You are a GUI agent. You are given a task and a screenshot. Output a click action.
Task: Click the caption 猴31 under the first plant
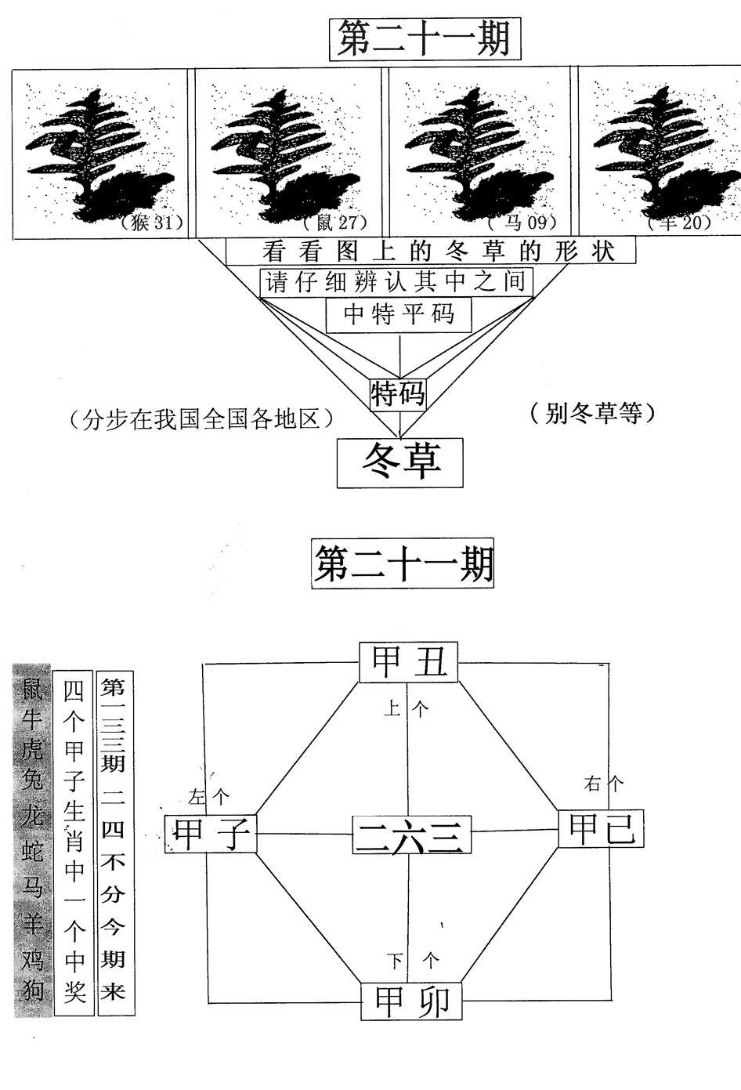coord(152,223)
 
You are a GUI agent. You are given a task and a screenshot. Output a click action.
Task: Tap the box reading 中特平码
coord(399,315)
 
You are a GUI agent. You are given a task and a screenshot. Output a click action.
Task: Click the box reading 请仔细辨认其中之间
coord(396,282)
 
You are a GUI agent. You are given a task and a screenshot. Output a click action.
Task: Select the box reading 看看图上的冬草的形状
coord(430,252)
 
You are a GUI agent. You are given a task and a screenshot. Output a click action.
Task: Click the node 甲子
coord(211,833)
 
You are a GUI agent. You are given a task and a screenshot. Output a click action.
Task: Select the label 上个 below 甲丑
coord(407,710)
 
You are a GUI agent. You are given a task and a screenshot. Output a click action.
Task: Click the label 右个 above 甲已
coord(604,783)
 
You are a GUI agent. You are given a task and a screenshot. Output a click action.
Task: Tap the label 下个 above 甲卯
coord(414,960)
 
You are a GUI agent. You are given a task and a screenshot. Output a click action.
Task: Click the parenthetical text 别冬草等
coord(591,413)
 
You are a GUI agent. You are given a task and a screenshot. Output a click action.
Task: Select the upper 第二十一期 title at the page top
coord(423,39)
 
